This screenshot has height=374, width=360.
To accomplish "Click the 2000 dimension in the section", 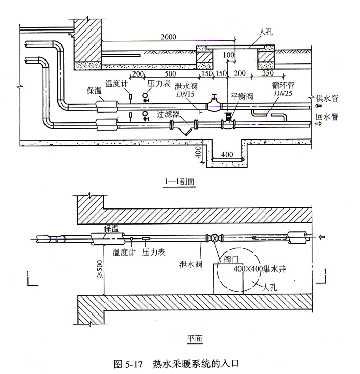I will (168, 37).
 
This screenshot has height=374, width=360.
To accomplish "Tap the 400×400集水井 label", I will (253, 270).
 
